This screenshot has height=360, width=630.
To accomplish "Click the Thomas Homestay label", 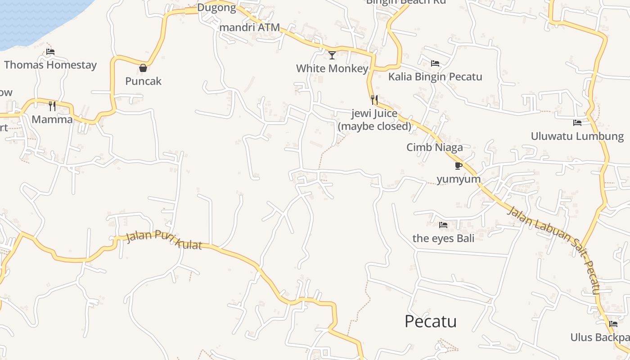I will click(x=50, y=65).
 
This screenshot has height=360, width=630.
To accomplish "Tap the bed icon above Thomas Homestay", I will click(x=50, y=52).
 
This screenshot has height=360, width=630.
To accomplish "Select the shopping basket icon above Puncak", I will click(x=143, y=68).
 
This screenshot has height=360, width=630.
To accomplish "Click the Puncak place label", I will click(x=143, y=81).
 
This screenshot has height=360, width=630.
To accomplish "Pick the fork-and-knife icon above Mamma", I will click(x=52, y=106).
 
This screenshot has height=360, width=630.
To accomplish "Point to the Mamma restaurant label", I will click(x=52, y=119).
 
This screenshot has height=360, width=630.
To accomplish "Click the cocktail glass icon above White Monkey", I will click(x=332, y=55).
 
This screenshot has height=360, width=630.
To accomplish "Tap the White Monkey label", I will click(x=332, y=68).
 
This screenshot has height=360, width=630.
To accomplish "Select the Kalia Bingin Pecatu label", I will click(x=435, y=76).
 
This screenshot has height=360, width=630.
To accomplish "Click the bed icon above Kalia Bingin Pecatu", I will click(x=435, y=63).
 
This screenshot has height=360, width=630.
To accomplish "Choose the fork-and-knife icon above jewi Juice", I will click(x=374, y=99).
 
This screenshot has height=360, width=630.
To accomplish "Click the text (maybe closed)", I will click(x=374, y=126).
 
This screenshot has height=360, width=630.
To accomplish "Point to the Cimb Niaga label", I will click(x=435, y=147).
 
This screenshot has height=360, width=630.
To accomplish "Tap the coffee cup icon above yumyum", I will click(x=459, y=166).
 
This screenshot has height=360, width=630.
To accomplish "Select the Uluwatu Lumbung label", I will click(x=577, y=136).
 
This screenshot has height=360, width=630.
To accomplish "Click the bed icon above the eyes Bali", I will click(x=443, y=225).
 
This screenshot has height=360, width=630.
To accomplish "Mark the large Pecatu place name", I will click(x=431, y=321).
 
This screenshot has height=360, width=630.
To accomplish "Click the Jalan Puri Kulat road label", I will click(x=164, y=240).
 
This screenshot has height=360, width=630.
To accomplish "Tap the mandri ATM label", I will click(x=250, y=27).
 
